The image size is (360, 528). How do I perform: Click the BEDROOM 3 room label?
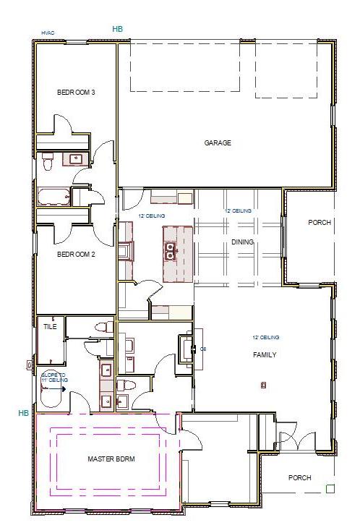click(x=77, y=92)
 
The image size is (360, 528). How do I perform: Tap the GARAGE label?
click(x=218, y=143)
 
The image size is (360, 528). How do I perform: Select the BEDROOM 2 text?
click(x=77, y=254)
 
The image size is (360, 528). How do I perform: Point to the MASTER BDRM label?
click(x=111, y=459)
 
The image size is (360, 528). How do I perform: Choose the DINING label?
click(x=242, y=242)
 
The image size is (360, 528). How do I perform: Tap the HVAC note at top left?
click(x=48, y=33)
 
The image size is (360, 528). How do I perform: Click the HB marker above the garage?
click(x=118, y=29)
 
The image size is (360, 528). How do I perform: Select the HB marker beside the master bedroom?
click(x=24, y=413)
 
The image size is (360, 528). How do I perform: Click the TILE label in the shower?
click(x=50, y=327)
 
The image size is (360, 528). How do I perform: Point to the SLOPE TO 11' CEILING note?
click(x=54, y=377)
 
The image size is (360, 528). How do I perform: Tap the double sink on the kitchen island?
click(x=171, y=251)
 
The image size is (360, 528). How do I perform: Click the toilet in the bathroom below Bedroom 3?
click(x=48, y=164)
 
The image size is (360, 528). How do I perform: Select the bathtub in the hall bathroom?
click(x=53, y=197)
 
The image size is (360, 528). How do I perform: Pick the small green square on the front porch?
click(x=330, y=489)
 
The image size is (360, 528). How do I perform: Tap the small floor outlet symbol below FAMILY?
click(x=262, y=386)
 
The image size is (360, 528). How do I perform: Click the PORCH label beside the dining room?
click(x=319, y=223)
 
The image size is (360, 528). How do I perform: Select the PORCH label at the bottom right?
click(x=299, y=477)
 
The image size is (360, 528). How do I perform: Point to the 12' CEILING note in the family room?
click(x=265, y=338)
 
